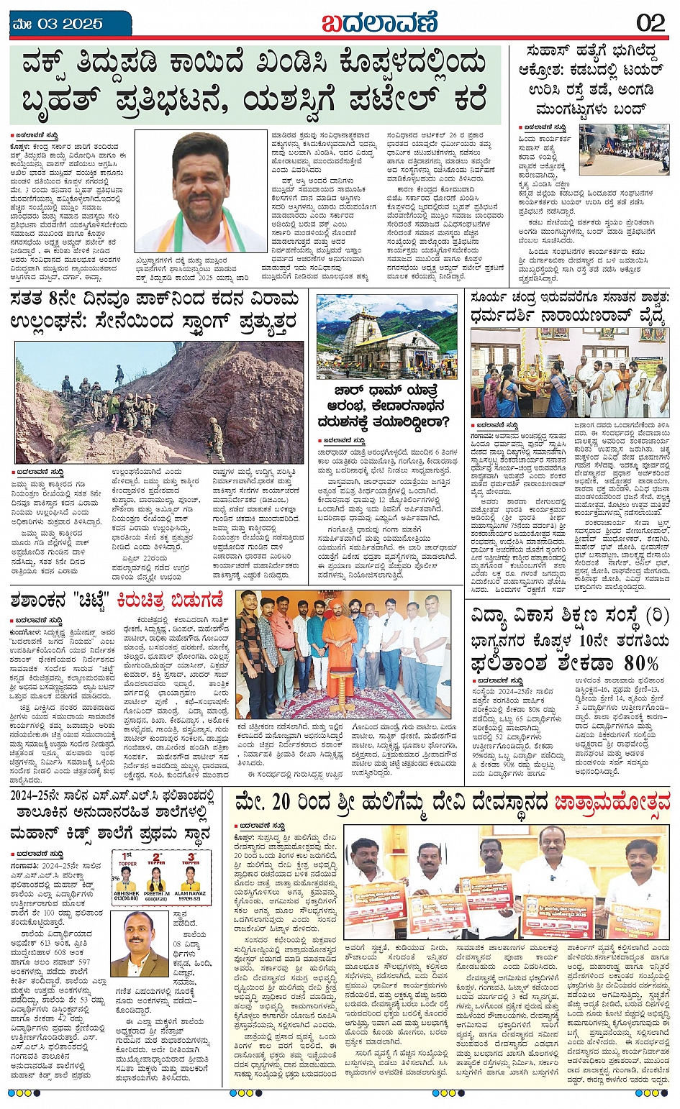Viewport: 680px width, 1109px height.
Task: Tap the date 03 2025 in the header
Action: click(65, 23)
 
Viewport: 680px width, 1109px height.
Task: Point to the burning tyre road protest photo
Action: click(624, 150)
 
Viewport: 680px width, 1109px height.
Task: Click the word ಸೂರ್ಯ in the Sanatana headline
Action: click(491, 297)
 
